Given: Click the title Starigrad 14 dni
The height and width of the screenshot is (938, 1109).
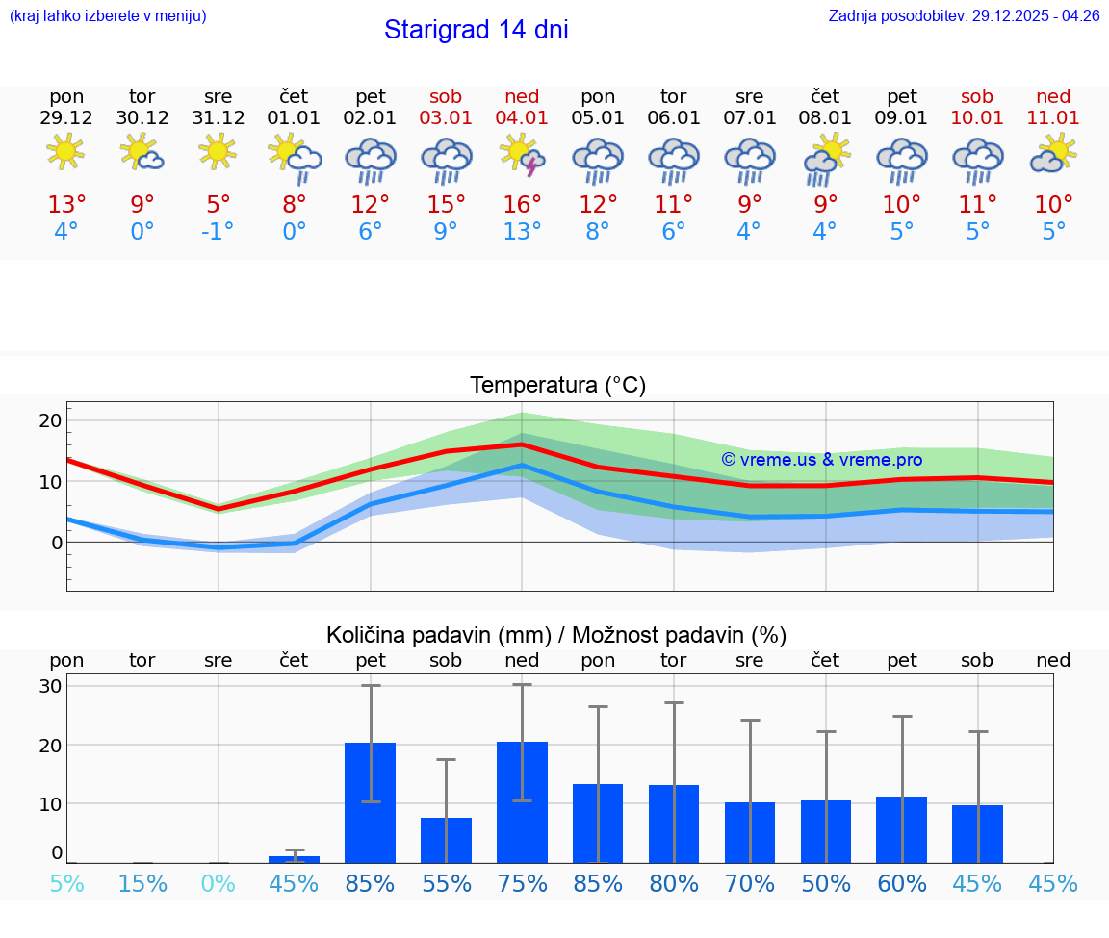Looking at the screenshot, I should [476, 30].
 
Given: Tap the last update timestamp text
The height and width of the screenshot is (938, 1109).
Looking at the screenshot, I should [964, 16].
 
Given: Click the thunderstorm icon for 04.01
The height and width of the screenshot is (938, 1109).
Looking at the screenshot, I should [522, 155].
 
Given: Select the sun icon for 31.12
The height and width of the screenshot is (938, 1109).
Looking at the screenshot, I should [219, 152].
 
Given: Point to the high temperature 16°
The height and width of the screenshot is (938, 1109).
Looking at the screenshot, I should [522, 205].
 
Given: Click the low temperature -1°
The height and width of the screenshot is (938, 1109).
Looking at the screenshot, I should [219, 232].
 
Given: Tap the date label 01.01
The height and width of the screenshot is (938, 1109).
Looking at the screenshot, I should [295, 117].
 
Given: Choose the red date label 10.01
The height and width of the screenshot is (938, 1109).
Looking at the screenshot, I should [977, 117].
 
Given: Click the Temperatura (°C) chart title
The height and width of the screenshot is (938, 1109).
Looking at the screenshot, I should [557, 386].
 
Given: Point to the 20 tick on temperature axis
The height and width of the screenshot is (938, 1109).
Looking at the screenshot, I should [50, 420].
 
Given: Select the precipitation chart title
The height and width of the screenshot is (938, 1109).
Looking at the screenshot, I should [556, 635].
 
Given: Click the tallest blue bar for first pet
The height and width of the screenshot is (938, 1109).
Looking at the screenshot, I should [371, 802].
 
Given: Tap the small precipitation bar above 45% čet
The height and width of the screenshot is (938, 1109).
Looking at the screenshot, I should [295, 859].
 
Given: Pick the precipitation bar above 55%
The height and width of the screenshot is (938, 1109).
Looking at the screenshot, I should [446, 840].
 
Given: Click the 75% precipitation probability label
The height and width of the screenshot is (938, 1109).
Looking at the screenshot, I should [522, 884].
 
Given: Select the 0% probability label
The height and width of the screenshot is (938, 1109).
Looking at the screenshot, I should [219, 884].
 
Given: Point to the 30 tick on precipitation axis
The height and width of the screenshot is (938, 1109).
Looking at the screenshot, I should [50, 686].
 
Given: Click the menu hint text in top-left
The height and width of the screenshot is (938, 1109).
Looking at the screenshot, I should [108, 16].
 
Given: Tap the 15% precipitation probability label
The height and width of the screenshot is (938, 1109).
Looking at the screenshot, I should [142, 884].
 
